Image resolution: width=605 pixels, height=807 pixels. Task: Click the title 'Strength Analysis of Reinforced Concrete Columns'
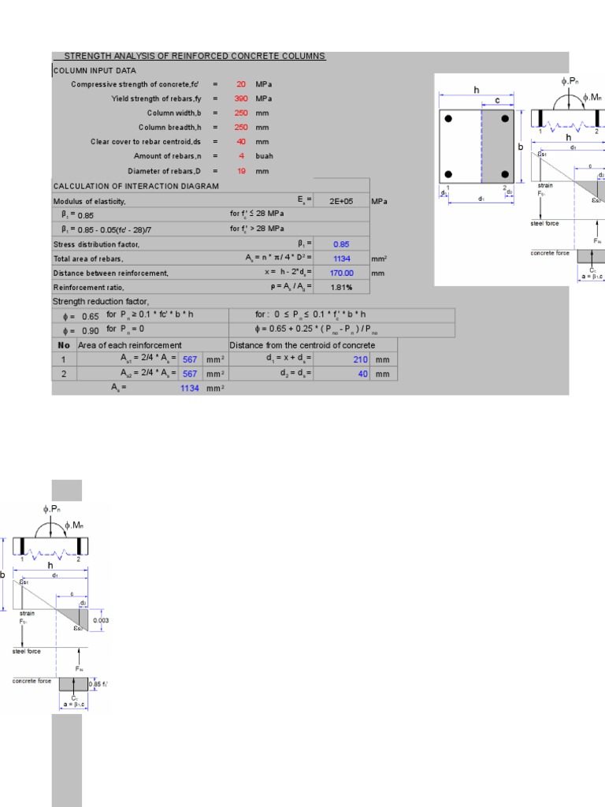[x=194, y=56]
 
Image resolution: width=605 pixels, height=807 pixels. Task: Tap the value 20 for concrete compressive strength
[x=241, y=84]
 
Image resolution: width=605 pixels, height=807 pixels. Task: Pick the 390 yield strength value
[x=241, y=99]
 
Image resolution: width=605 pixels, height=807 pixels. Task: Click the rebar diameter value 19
[x=241, y=171]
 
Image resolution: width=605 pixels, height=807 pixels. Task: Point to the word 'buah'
[x=264, y=156]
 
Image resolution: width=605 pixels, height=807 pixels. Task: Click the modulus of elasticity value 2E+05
[x=341, y=201]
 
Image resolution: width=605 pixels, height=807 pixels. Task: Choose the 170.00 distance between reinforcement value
[x=341, y=273]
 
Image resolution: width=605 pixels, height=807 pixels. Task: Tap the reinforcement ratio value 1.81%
[x=341, y=287]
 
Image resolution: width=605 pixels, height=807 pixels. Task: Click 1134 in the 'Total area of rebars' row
[x=341, y=258]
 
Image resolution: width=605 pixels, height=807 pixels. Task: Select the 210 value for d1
[x=361, y=359]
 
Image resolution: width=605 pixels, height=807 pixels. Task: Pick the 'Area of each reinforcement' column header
[x=130, y=345]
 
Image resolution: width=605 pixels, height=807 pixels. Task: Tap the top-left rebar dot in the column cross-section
[x=448, y=120]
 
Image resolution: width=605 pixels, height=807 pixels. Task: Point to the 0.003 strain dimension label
[x=101, y=620]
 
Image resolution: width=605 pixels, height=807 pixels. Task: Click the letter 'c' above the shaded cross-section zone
[x=497, y=100]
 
